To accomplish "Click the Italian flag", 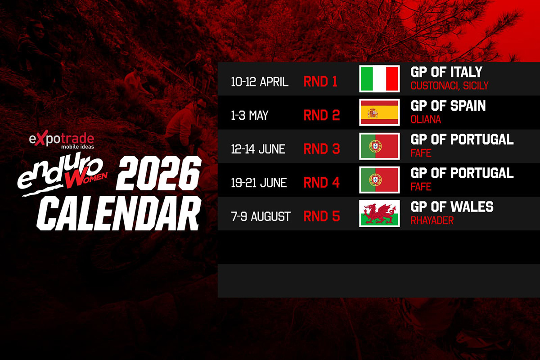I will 379,79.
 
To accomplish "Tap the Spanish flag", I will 379,112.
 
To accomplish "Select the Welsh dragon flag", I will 379,213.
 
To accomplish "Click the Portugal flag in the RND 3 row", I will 379,146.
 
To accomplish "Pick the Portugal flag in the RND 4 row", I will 379,180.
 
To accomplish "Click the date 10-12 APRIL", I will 260,82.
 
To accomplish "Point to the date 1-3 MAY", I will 250,116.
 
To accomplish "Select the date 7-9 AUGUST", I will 261,216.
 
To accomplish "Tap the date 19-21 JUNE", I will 258,183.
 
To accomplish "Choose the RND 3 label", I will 321,149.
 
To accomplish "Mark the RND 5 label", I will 321,216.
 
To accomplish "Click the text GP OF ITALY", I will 446,72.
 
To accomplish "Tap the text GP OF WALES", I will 452,207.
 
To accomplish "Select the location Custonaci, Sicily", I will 449,85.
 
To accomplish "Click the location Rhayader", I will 432,220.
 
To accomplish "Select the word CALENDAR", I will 118,215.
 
